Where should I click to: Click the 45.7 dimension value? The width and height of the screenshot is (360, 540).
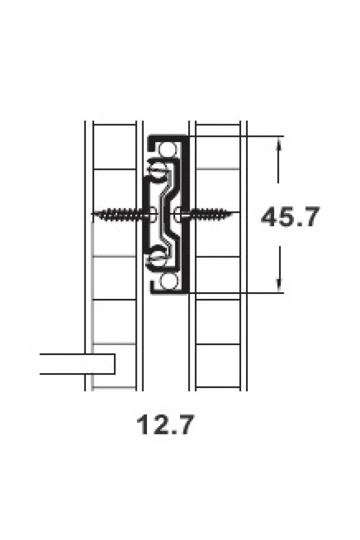(x=290, y=217)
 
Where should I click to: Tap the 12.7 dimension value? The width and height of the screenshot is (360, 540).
(x=165, y=425)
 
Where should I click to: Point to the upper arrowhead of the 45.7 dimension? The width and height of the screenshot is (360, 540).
(x=278, y=145)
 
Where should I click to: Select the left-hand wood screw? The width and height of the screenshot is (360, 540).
(x=121, y=214)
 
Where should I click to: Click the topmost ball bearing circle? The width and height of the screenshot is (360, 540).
(x=168, y=148)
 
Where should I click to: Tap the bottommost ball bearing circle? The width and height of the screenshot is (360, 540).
(x=168, y=281)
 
